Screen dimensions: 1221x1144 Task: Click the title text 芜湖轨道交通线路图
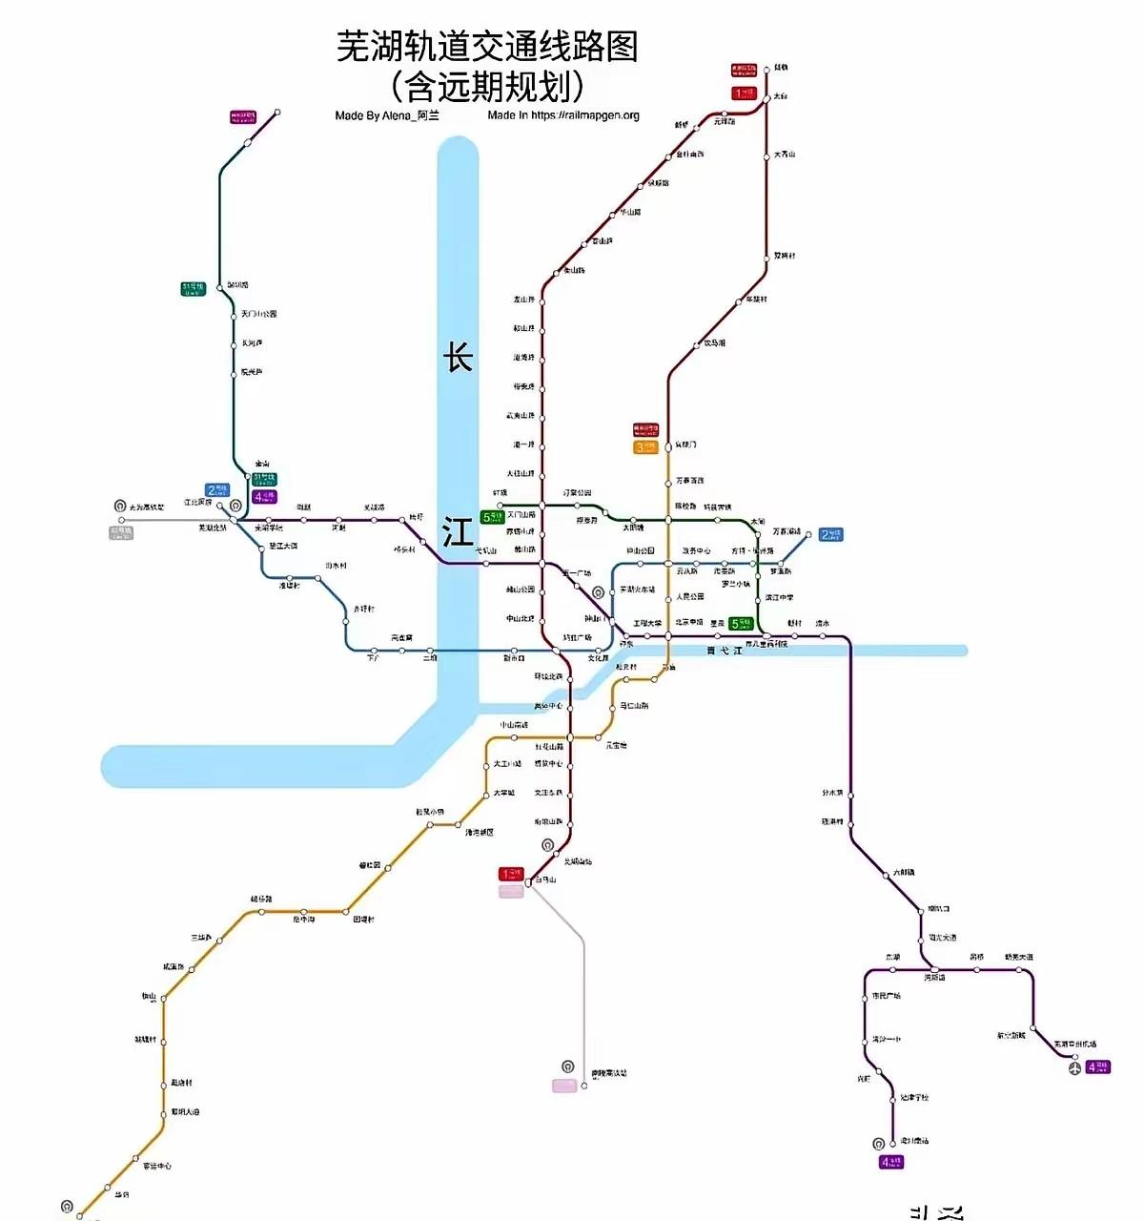pos(487,46)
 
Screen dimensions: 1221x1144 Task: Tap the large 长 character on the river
pos(458,358)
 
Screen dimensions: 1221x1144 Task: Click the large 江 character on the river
pos(458,531)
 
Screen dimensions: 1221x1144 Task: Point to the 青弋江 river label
pos(724,651)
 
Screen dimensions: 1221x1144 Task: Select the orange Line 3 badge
pos(645,447)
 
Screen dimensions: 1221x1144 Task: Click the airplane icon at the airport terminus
pos(1076,1067)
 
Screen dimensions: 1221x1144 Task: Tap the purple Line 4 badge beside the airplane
pos(1098,1066)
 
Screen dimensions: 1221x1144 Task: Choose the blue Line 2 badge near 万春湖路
pos(831,534)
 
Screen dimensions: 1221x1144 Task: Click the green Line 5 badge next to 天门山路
pos(492,517)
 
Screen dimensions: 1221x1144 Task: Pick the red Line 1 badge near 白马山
pos(511,873)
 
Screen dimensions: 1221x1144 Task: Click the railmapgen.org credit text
pos(563,115)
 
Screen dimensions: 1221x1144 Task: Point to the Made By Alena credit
pos(387,115)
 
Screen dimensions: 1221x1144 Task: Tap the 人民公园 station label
pos(690,597)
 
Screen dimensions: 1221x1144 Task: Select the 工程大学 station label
pos(647,624)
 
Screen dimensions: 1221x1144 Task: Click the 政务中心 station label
pos(696,551)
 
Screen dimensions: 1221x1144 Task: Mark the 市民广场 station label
pos(886,996)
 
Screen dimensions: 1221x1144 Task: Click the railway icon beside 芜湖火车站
pos(598,592)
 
